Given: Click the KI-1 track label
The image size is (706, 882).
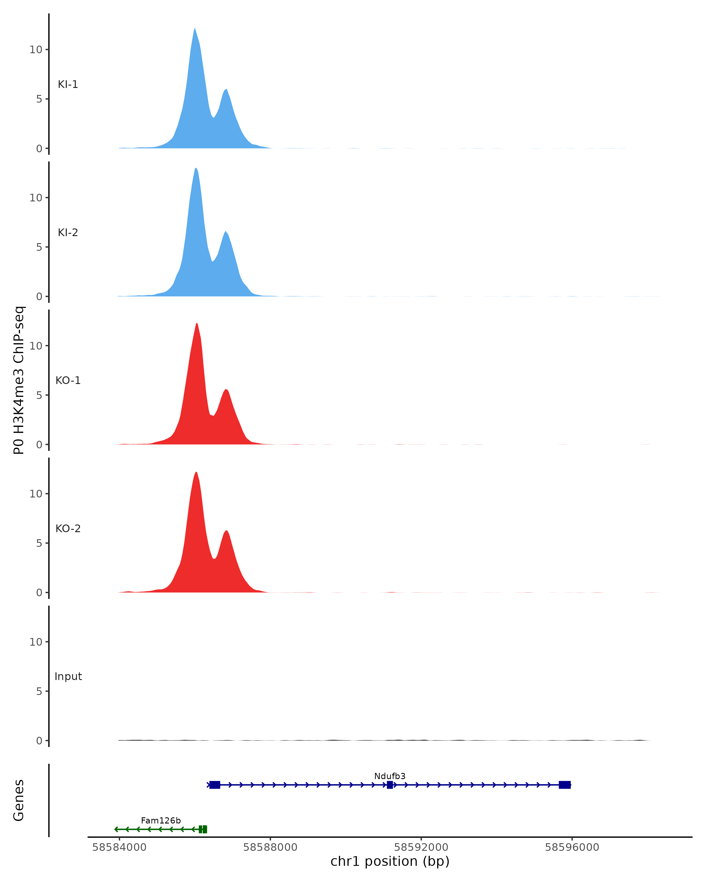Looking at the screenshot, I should (68, 85).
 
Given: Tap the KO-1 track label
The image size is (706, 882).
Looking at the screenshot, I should (68, 380).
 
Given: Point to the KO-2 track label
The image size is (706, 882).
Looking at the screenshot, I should (68, 529).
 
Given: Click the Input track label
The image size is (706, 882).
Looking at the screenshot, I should (68, 676).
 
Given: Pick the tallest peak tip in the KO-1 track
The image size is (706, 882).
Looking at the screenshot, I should (197, 324).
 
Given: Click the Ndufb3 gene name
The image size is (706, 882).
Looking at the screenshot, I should (390, 776).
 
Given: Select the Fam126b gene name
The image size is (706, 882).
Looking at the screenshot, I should (161, 821).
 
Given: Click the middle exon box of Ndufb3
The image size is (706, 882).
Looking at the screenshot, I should (390, 785).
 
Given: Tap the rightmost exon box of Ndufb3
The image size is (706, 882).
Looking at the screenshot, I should (565, 785).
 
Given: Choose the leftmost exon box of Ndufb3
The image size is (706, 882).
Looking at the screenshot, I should (215, 785).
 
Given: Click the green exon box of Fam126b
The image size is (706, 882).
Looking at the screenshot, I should (203, 829).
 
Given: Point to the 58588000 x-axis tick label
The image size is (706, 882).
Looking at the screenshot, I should (270, 847).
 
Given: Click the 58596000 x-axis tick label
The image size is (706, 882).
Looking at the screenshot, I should (572, 847).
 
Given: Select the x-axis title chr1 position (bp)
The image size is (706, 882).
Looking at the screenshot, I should (390, 861).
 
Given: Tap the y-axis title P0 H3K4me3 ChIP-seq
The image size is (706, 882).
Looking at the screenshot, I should (19, 380).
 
